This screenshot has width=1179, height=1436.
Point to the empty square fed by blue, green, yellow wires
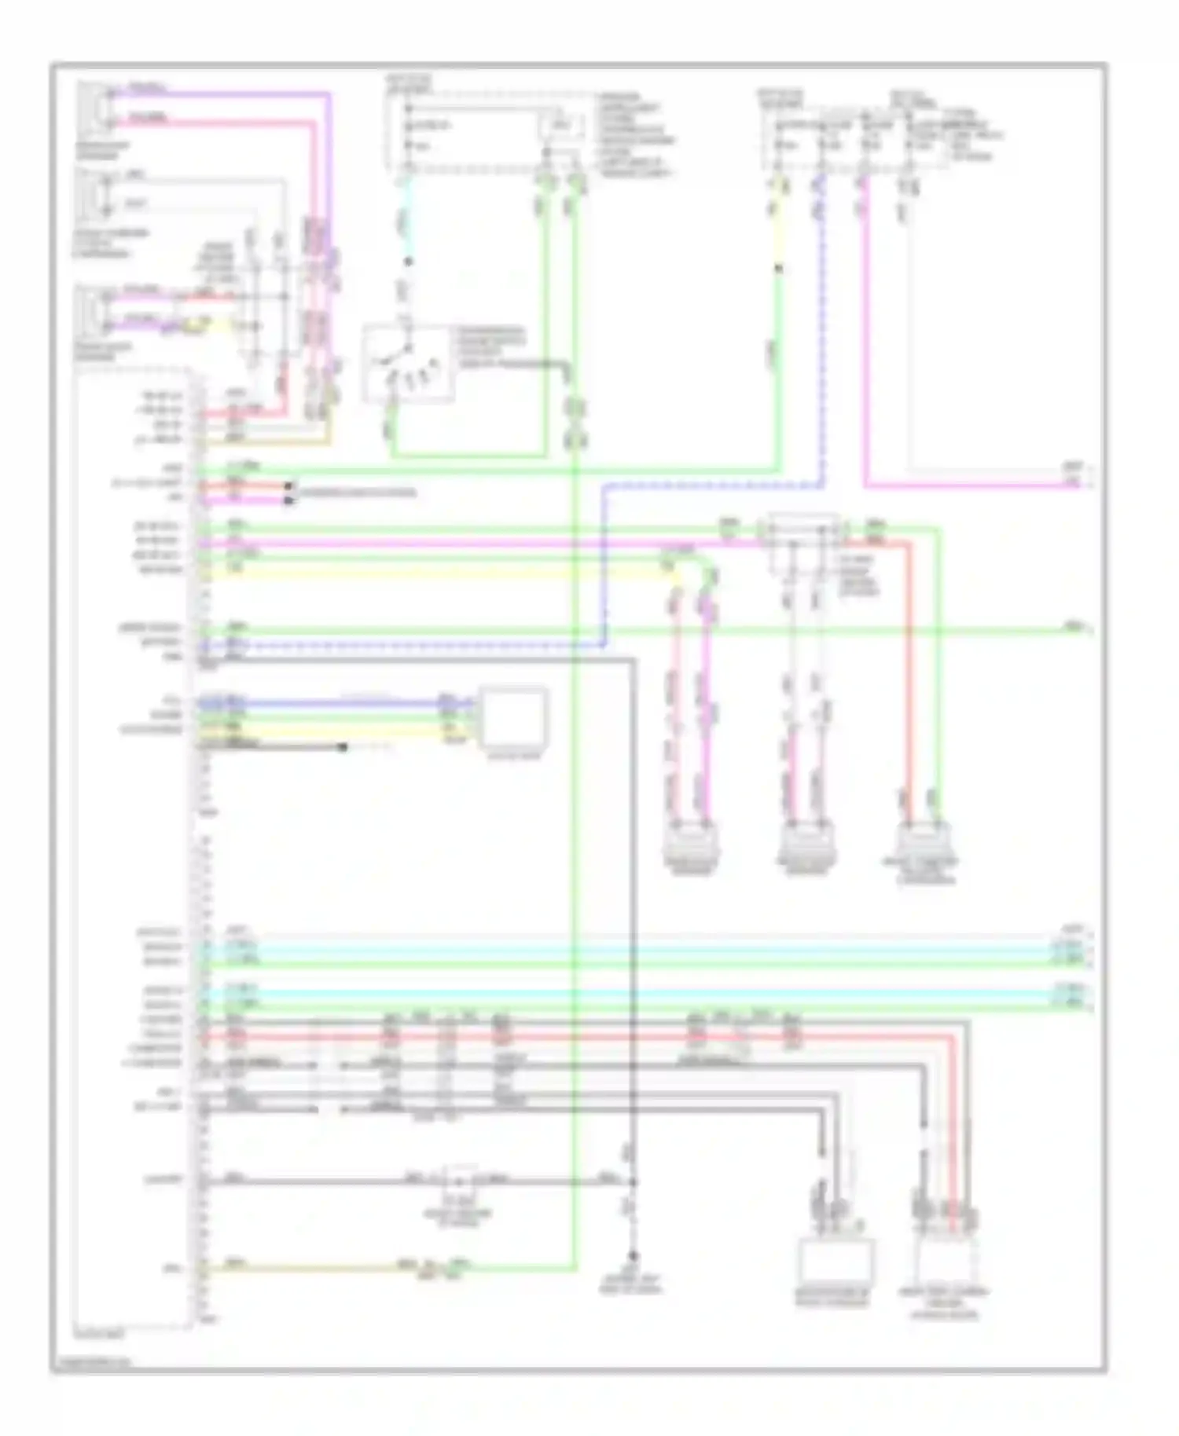pos(514,717)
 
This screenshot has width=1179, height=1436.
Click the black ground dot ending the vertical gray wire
pos(631,1255)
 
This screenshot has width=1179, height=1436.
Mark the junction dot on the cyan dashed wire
pos(408,262)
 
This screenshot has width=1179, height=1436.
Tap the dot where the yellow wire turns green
pos(777,269)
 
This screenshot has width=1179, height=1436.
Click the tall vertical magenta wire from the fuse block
pos(865,330)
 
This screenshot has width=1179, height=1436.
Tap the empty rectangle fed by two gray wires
pos(836,1263)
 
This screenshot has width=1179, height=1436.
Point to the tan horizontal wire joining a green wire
pos(314,1268)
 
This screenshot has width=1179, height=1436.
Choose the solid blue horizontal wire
pos(330,702)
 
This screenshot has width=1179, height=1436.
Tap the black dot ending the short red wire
pos(291,487)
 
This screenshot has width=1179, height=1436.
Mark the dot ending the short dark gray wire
pos(343,747)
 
